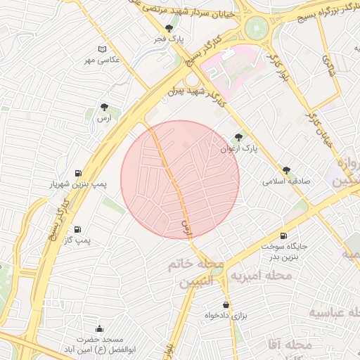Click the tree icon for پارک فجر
pos(169,29)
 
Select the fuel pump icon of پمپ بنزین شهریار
pos(77,173)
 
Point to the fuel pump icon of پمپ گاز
pos(77,229)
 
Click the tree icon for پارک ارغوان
pos(238,138)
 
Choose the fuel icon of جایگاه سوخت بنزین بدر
pos(283,236)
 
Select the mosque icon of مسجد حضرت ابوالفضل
pos(98,328)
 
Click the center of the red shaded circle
pos(180,180)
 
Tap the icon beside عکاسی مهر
pos(103,49)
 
